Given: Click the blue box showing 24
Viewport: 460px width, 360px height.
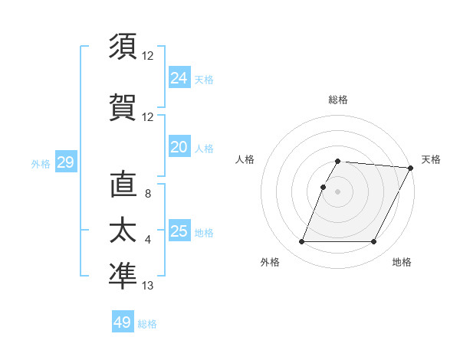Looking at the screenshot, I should point(179,77).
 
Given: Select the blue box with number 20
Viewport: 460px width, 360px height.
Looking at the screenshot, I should point(179,146).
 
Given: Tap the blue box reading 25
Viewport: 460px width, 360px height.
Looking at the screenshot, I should point(179,231).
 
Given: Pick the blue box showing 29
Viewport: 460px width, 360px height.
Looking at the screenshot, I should point(65,162).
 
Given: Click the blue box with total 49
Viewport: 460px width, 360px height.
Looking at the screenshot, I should point(123,322).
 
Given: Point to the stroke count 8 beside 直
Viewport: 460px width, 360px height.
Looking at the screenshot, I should point(148,194).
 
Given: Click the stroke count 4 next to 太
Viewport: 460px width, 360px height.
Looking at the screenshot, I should point(148,240).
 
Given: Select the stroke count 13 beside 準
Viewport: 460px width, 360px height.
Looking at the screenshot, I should point(148,286).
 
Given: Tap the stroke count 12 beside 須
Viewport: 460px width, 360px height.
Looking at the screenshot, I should point(148,55).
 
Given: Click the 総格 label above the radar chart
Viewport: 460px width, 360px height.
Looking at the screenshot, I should point(338,100).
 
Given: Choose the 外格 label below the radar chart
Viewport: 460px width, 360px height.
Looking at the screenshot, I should point(270,263).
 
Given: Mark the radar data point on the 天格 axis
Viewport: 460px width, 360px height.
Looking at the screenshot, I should point(411,168).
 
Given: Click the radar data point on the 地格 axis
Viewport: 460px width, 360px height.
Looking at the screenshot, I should point(374,242).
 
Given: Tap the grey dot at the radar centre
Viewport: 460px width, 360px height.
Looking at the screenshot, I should point(338,191).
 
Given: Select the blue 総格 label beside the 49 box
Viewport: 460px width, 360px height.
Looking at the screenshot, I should point(148,324).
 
